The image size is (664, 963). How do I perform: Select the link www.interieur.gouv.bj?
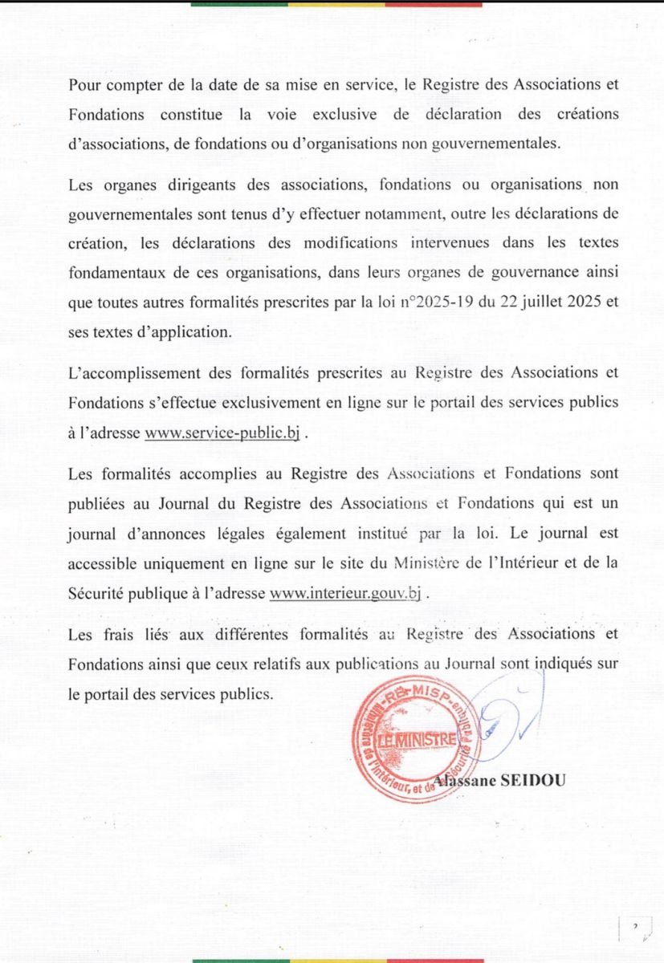pyautogui.click(x=346, y=594)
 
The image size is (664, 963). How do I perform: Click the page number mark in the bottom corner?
pyautogui.click(x=635, y=928)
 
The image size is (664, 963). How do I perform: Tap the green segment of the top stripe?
pyautogui.click(x=239, y=4)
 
